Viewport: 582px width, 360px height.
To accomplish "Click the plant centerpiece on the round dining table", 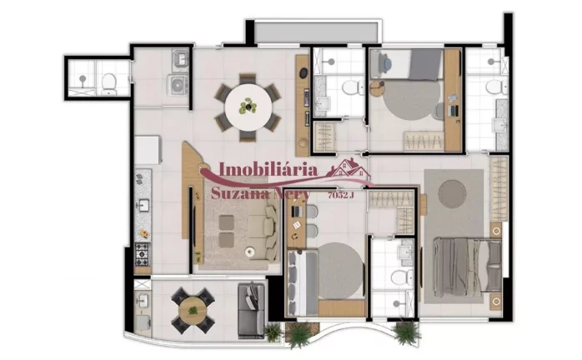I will pyautogui.click(x=248, y=107).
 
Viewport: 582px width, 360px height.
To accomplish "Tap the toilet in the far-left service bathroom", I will pyautogui.click(x=108, y=81).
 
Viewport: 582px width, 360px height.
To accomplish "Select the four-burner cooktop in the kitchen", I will pyautogui.click(x=143, y=251).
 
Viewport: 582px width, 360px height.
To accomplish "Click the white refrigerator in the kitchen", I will pyautogui.click(x=147, y=150).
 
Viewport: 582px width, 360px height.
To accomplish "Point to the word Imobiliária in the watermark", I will pyautogui.click(x=268, y=170).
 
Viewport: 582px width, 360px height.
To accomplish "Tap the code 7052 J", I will pyautogui.click(x=341, y=195).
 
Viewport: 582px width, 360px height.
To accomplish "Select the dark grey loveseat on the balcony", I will pyautogui.click(x=251, y=307).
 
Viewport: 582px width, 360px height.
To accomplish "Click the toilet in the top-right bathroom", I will pyautogui.click(x=493, y=87).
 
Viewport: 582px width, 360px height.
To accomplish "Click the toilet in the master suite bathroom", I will pyautogui.click(x=398, y=277).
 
